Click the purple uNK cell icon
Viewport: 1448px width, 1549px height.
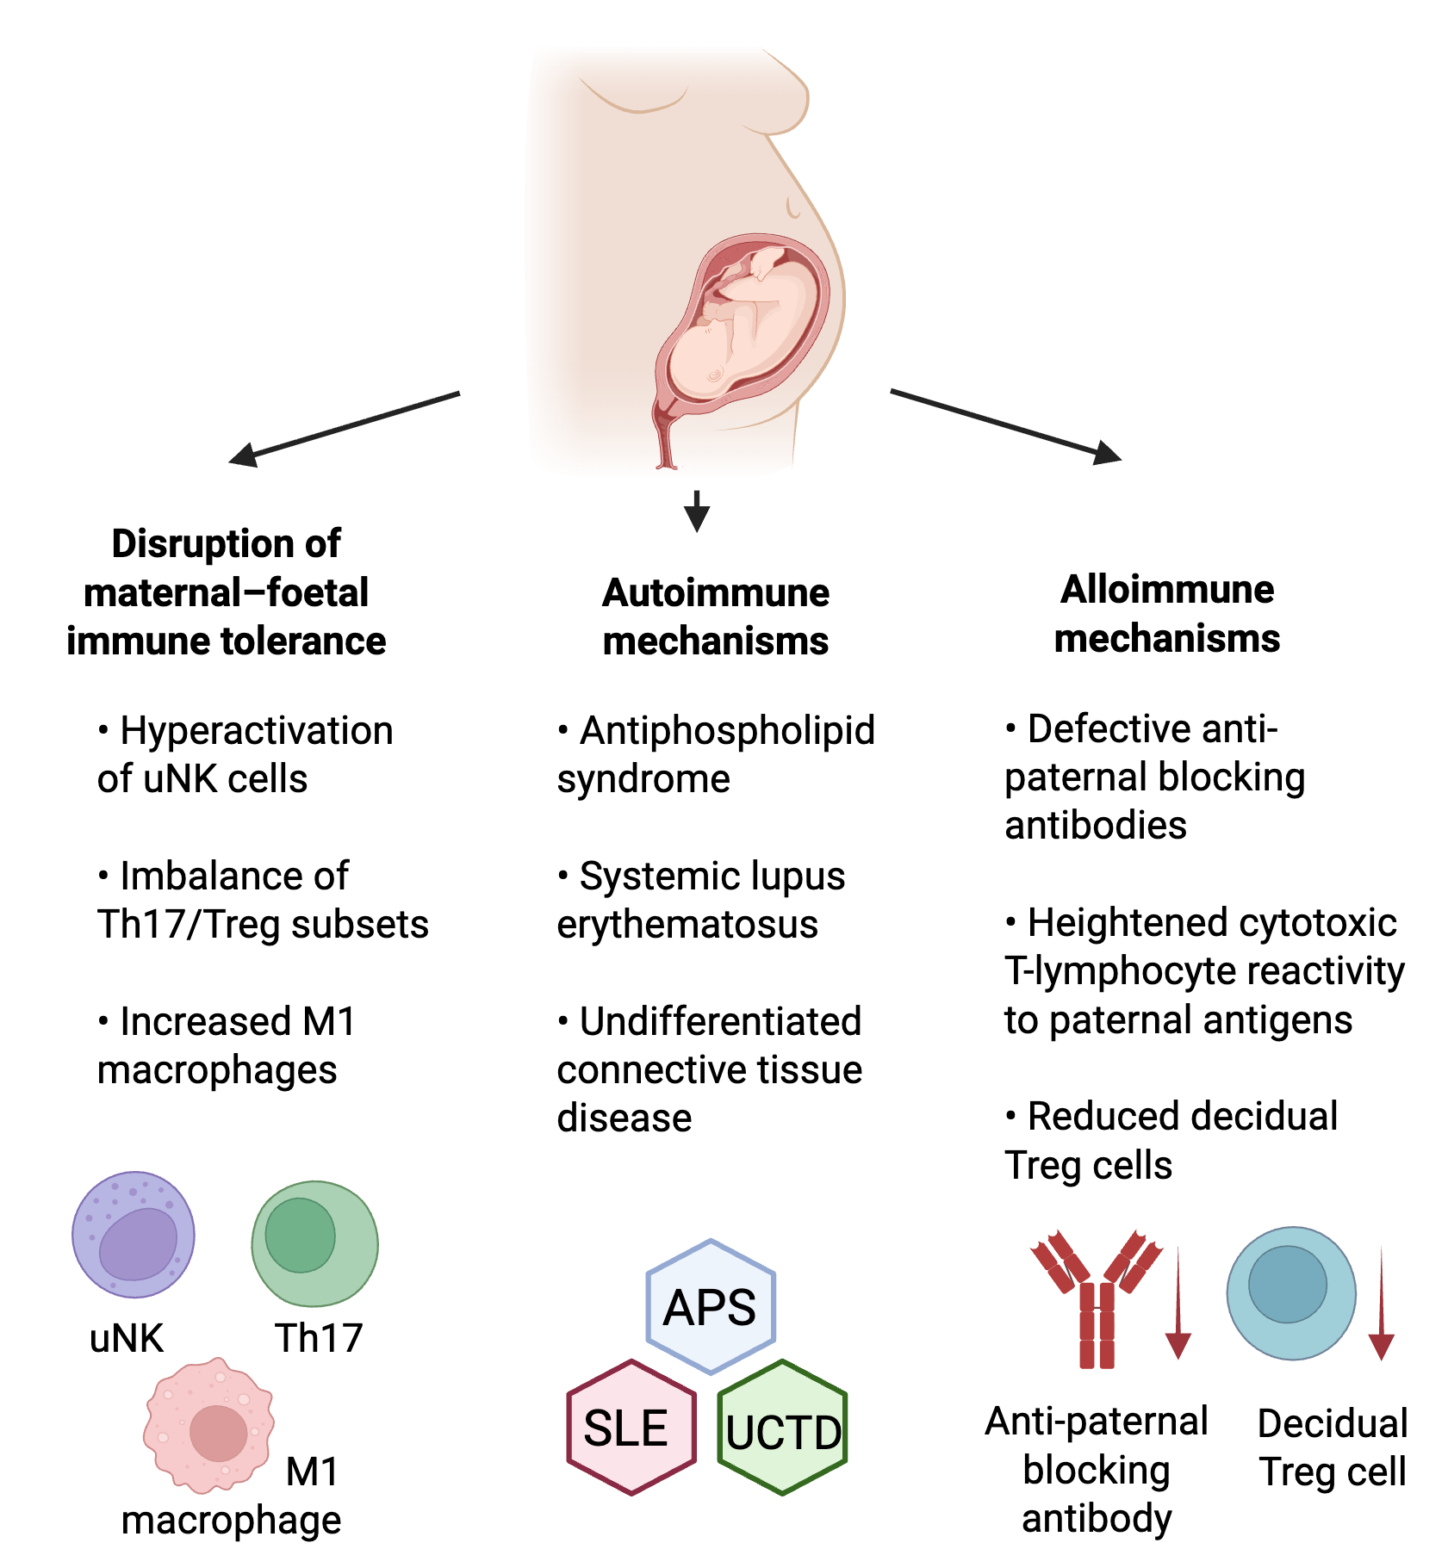tap(134, 1234)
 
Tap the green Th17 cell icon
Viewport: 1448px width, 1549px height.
tap(314, 1243)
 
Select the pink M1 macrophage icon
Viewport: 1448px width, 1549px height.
tap(209, 1424)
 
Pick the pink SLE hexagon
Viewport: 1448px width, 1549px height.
tap(631, 1427)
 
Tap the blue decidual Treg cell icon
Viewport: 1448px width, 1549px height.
tap(1290, 1293)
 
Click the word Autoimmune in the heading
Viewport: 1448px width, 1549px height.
tap(715, 592)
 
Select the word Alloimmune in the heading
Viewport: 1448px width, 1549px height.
tap(1166, 590)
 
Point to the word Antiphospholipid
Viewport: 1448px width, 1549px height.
tap(727, 730)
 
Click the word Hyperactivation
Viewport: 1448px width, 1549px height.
tap(256, 730)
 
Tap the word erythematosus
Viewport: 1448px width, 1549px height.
tap(687, 924)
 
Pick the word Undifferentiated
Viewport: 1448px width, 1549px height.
tap(720, 1021)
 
